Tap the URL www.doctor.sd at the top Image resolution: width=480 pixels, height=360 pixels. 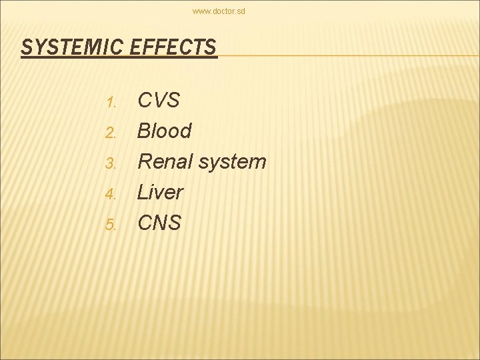[x=219, y=11]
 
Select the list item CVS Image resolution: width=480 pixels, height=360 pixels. [x=159, y=101]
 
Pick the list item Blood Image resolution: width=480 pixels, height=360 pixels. [x=164, y=131]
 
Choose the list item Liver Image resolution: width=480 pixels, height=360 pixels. [x=160, y=192]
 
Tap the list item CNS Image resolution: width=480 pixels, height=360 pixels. [x=159, y=223]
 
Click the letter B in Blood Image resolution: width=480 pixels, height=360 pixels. [x=144, y=131]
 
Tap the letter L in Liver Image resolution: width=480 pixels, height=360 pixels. [x=143, y=192]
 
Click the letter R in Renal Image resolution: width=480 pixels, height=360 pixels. [x=145, y=161]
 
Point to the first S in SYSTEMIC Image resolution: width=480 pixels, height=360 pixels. [x=27, y=47]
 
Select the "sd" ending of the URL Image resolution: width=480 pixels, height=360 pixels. [x=241, y=11]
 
